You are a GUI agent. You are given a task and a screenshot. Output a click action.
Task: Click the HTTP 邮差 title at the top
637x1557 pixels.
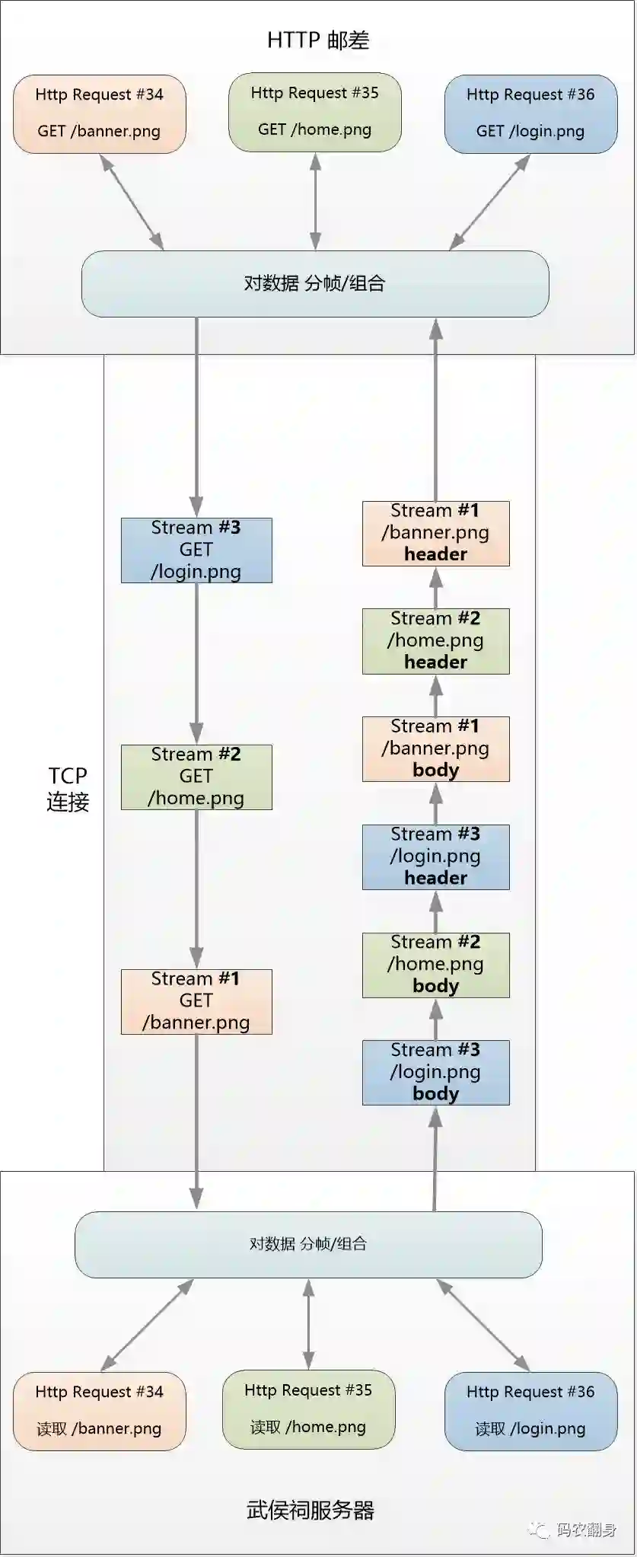click(x=318, y=40)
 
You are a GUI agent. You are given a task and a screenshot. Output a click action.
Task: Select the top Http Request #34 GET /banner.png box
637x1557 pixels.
click(x=99, y=113)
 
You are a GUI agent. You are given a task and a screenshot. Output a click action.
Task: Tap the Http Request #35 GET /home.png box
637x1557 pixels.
click(x=314, y=112)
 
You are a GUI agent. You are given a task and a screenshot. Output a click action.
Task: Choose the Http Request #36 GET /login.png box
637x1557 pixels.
click(x=530, y=113)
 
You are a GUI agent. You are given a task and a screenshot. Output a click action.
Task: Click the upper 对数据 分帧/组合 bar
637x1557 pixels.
click(x=315, y=283)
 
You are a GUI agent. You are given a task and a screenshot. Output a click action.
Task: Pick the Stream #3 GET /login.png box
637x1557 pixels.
click(x=196, y=550)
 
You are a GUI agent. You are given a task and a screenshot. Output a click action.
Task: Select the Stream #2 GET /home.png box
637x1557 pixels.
click(x=196, y=777)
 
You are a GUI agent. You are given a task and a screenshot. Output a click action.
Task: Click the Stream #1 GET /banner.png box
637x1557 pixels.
click(x=196, y=1001)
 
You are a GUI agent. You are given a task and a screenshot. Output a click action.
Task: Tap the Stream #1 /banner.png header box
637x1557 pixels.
click(x=435, y=533)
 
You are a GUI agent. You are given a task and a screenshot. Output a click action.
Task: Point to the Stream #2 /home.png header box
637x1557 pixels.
click(x=435, y=641)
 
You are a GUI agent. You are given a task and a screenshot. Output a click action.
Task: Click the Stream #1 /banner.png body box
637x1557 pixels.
click(x=435, y=748)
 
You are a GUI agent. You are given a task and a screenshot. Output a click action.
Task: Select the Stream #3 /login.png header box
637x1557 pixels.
click(x=435, y=857)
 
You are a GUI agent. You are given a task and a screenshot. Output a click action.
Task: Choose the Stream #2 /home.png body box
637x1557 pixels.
click(x=435, y=965)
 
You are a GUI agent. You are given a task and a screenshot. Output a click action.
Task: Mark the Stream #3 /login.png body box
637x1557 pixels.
click(x=435, y=1072)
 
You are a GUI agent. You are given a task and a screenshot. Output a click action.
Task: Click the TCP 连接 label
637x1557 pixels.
click(x=68, y=789)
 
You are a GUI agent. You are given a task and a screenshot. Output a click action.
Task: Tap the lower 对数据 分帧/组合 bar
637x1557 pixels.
click(x=308, y=1244)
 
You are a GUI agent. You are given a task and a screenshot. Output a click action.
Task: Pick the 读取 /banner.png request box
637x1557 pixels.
click(x=99, y=1411)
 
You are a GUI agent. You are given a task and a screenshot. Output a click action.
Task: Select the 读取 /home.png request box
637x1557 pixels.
click(x=308, y=1409)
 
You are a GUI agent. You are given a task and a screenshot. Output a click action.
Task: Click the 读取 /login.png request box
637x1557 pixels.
click(x=530, y=1411)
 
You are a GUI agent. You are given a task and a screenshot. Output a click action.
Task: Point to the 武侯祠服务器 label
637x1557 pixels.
click(x=311, y=1510)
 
